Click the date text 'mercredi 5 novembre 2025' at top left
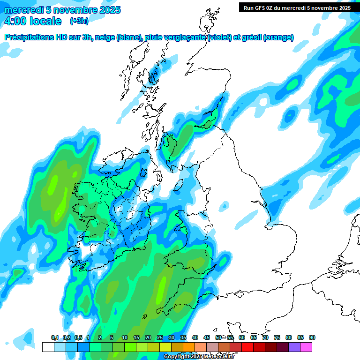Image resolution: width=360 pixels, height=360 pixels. click(62, 10)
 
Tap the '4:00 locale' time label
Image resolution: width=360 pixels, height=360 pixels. click(32, 21)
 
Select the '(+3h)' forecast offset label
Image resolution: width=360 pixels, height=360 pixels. click(79, 21)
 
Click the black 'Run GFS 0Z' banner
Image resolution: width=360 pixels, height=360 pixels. click(297, 7)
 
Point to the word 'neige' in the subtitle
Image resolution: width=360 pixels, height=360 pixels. click(106, 37)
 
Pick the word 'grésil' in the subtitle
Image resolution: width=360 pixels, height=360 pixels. click(251, 37)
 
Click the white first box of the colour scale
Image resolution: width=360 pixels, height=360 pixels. click(48, 347)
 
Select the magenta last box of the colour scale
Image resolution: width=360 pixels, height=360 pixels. click(306, 347)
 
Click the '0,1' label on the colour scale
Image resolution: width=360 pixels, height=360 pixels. click(54, 338)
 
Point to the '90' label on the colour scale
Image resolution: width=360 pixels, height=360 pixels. click(312, 338)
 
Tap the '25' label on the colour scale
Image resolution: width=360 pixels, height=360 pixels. click(160, 338)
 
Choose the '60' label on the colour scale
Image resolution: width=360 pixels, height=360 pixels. click(242, 338)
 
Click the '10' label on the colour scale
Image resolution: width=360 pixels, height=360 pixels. click(125, 338)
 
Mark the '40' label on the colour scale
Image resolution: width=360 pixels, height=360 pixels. click(195, 338)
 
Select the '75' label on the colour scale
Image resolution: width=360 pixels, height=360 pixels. click(277, 338)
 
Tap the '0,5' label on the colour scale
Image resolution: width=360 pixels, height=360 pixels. click(78, 338)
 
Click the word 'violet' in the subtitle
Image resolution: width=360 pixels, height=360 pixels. click(218, 37)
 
